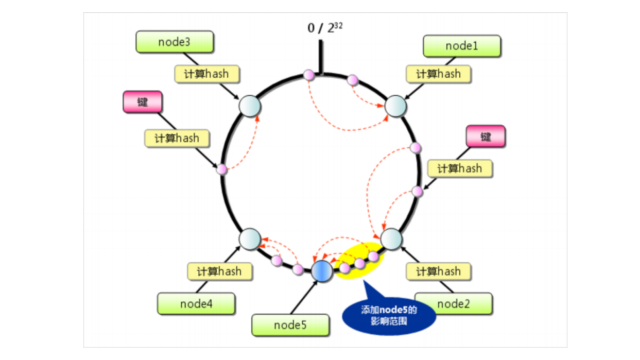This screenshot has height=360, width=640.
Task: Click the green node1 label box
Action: click(462, 46)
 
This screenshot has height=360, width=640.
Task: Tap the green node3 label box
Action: click(175, 42)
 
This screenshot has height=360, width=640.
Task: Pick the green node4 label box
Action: click(196, 304)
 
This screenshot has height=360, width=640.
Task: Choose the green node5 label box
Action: click(290, 325)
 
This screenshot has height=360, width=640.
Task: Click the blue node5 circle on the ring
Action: click(322, 270)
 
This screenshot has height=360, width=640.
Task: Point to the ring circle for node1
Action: click(396, 106)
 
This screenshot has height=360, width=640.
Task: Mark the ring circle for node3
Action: click(250, 106)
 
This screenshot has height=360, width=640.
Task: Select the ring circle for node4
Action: click(251, 238)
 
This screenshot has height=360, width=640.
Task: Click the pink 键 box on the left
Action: click(142, 102)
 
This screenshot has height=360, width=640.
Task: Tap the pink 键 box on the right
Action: click(486, 136)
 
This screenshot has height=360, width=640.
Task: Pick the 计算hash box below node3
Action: click(207, 74)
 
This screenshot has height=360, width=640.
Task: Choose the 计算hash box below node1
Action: click(438, 74)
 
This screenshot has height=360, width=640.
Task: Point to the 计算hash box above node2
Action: click(439, 271)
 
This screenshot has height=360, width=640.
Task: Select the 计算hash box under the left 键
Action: click(177, 138)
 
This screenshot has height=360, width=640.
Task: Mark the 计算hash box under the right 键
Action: click(460, 168)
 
